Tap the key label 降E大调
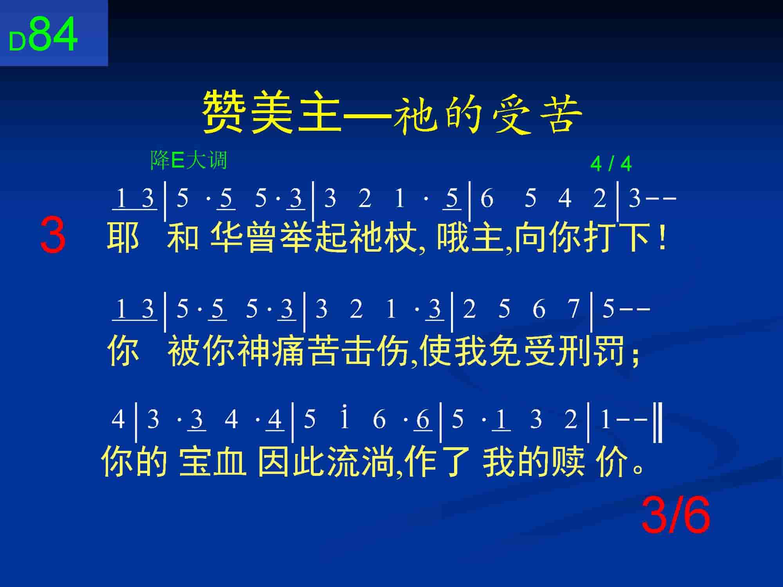189,160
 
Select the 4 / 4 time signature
611,164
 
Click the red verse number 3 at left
53,236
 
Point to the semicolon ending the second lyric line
635,354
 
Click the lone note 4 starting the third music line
118,419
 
